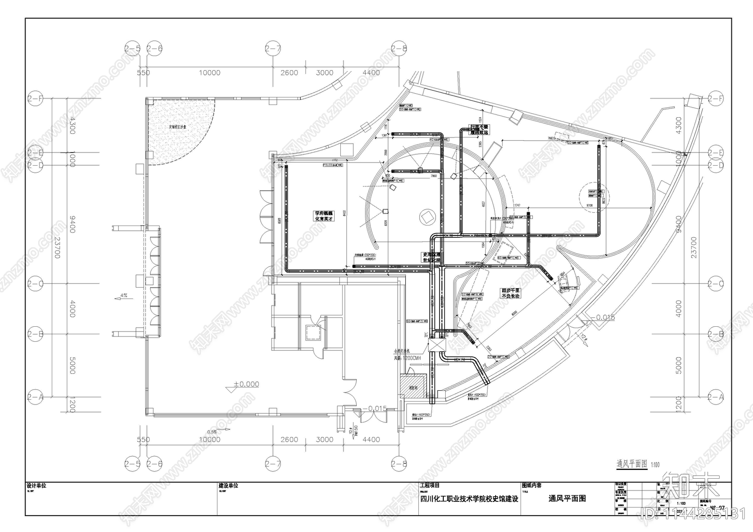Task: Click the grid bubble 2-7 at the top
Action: pyautogui.click(x=273, y=48)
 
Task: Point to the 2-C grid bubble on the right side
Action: pyautogui.click(x=715, y=284)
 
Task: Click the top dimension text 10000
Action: pyautogui.click(x=209, y=73)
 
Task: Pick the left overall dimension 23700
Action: pyautogui.click(x=57, y=248)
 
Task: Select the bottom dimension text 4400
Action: pyautogui.click(x=371, y=440)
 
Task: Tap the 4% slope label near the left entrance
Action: pyautogui.click(x=124, y=296)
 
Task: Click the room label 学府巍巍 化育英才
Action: pyautogui.click(x=324, y=216)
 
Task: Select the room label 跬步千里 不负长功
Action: pyautogui.click(x=511, y=293)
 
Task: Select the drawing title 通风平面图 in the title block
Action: pyautogui.click(x=567, y=499)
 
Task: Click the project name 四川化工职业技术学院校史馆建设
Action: pyautogui.click(x=469, y=499)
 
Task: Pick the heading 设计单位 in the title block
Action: pyautogui.click(x=36, y=485)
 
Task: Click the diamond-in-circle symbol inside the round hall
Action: pyautogui.click(x=427, y=216)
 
